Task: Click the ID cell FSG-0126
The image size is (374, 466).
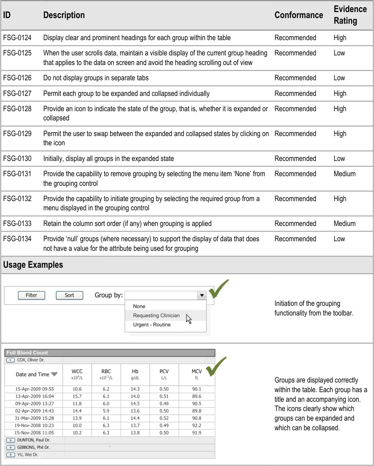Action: pyautogui.click(x=17, y=78)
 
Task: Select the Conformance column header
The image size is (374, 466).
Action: pyautogui.click(x=299, y=15)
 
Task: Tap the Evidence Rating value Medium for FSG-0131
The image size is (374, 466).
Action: pyautogui.click(x=344, y=174)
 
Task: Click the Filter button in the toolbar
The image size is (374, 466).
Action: pyautogui.click(x=31, y=295)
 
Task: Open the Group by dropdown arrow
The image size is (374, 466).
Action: pyautogui.click(x=201, y=295)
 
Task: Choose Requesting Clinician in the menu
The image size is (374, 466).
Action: pyautogui.click(x=156, y=315)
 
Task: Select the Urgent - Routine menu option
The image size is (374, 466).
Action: pyautogui.click(x=152, y=325)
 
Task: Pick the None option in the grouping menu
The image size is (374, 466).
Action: pyautogui.click(x=139, y=306)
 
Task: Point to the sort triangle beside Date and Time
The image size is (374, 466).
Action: pyautogui.click(x=54, y=374)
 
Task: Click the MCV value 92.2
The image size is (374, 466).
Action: pyautogui.click(x=197, y=425)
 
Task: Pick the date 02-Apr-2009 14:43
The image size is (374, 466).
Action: pyautogui.click(x=35, y=411)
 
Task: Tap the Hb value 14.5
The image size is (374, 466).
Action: pyautogui.click(x=135, y=404)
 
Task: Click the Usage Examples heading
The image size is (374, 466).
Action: pyautogui.click(x=33, y=265)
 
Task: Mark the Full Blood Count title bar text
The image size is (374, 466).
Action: pyautogui.click(x=27, y=353)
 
